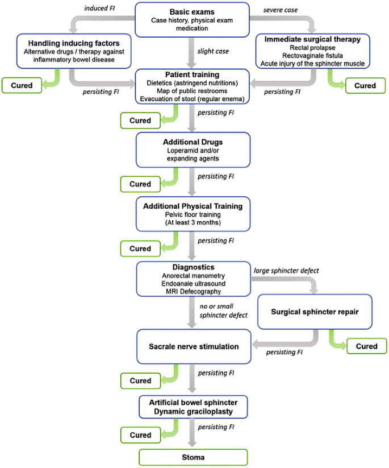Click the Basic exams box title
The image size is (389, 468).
(x=192, y=11)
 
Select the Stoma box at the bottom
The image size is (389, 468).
(x=193, y=457)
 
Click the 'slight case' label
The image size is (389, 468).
(x=214, y=51)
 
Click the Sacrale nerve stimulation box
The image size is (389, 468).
(x=193, y=346)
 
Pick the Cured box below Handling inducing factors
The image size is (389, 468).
(x=21, y=86)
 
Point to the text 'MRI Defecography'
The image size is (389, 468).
(x=193, y=292)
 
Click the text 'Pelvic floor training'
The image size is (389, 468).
(x=193, y=215)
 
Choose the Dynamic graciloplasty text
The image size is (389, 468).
(x=193, y=411)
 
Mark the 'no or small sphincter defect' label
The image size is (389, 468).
(x=223, y=311)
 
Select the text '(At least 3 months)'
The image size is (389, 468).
(x=193, y=223)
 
